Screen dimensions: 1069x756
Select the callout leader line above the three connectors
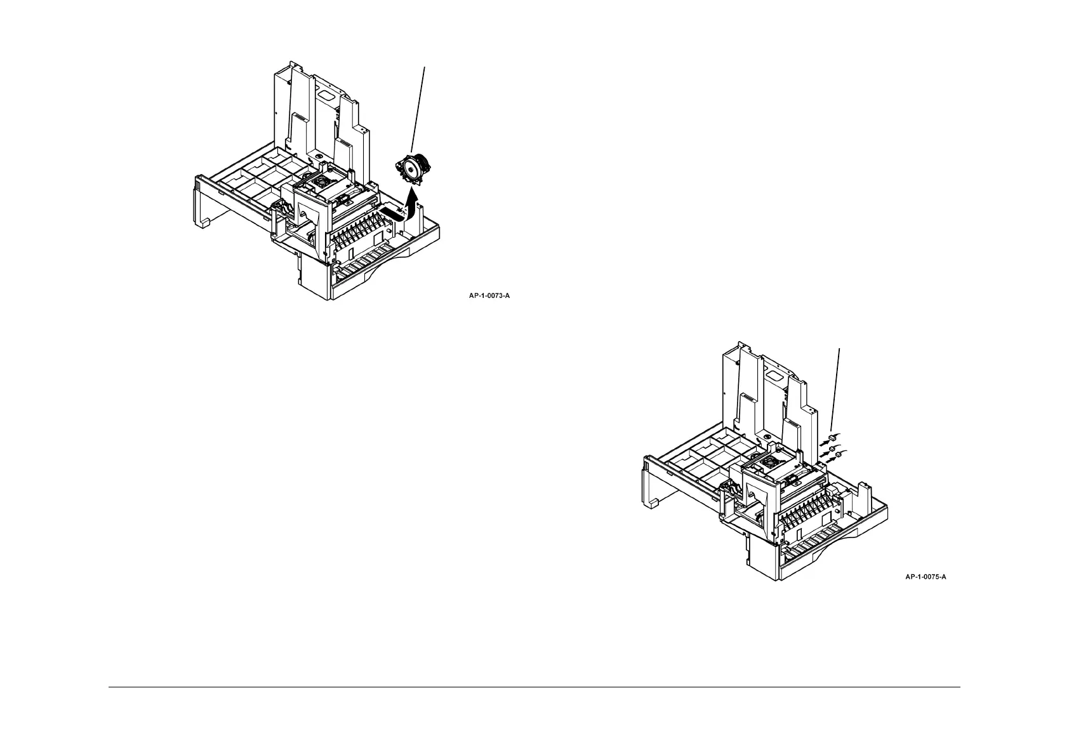point(837,388)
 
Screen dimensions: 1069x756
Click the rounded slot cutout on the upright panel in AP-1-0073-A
point(326,93)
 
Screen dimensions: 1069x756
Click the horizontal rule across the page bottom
point(534,687)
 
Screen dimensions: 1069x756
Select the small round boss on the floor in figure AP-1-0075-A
point(767,438)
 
